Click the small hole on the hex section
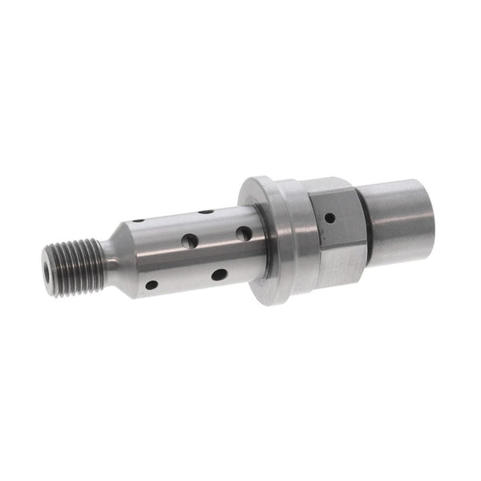329,216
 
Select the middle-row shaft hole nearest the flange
243,233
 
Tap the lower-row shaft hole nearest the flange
219,275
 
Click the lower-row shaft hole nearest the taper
151,285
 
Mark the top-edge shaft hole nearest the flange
206,212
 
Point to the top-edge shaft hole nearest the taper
139,220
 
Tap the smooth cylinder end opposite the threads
397,220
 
